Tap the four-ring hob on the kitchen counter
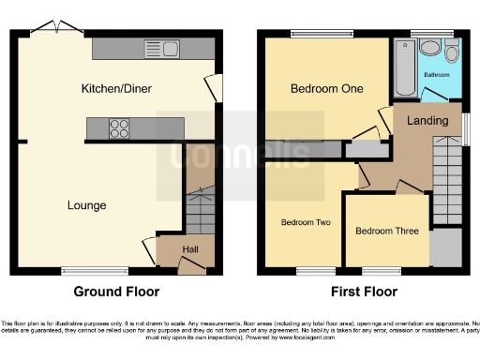tap(122, 128)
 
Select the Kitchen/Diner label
tap(116, 88)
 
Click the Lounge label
tap(86, 204)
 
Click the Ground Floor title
tap(116, 292)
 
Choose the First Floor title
tap(363, 292)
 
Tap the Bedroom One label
tap(322, 89)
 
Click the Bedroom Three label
tap(385, 231)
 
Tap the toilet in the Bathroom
tap(452, 51)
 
